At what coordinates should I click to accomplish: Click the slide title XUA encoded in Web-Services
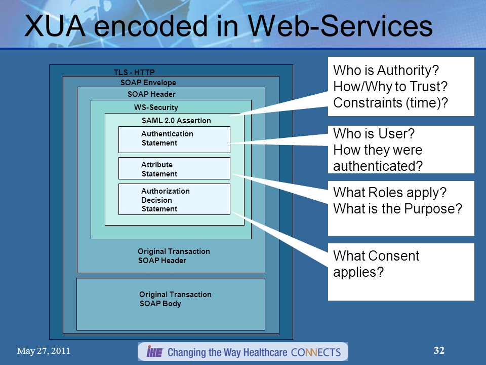point(228,26)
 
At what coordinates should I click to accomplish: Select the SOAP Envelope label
point(148,83)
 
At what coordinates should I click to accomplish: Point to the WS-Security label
point(156,107)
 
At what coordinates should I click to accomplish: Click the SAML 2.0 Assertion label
point(176,121)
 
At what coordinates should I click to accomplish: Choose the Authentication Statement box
point(174,139)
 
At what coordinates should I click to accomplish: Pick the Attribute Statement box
point(174,169)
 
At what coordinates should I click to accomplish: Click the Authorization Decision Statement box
point(174,199)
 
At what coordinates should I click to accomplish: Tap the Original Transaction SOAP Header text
point(174,256)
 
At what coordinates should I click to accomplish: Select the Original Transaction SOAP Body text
point(175,299)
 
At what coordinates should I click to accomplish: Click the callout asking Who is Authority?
point(400,86)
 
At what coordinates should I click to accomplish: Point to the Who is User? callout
point(400,150)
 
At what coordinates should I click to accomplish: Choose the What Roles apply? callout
point(400,208)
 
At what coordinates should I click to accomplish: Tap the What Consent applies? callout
point(400,271)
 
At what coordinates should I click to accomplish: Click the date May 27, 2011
point(44,351)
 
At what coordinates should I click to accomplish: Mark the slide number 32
point(439,350)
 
